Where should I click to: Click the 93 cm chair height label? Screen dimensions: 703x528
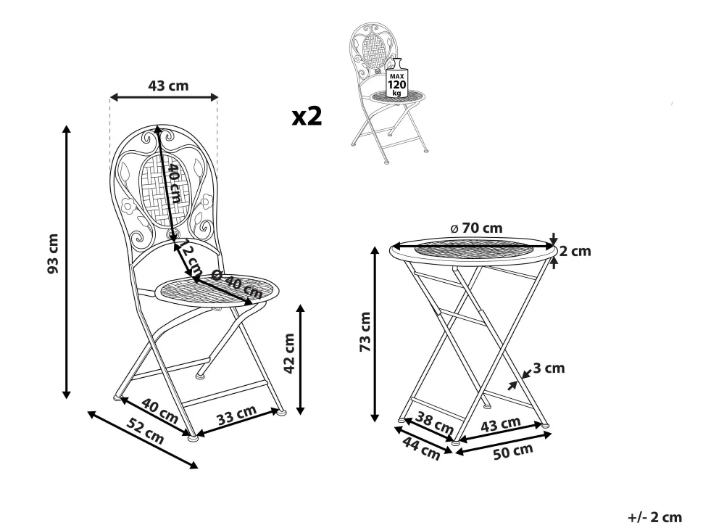53,253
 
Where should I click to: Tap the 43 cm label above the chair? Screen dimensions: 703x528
169,86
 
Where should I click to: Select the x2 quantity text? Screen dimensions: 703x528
307,116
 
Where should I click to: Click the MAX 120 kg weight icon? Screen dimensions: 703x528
396,78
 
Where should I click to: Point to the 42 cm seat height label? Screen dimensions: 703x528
289,353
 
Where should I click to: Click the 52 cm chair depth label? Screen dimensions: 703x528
145,431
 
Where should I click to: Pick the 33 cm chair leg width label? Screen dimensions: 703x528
237,415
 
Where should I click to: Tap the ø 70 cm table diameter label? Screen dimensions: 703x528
477,228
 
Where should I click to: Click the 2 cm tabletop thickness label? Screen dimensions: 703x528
575,251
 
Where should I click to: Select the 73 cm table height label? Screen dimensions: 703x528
365,332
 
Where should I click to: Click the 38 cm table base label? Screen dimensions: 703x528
434,423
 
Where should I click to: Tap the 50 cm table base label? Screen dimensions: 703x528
513,451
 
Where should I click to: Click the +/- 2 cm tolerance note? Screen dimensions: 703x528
654,517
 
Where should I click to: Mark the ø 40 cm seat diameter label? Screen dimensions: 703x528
236,285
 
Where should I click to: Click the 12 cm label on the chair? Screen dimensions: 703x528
191,261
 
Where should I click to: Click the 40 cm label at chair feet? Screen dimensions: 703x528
160,411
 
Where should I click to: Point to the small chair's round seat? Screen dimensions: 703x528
398,96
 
